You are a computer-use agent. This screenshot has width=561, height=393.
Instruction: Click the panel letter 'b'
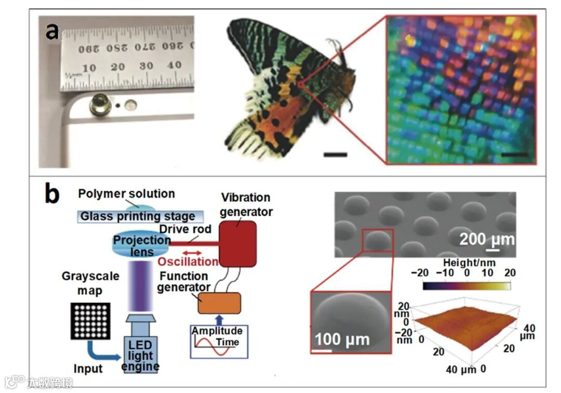[x=52, y=196]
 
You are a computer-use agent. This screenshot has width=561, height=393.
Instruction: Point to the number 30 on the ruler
[x=146, y=66]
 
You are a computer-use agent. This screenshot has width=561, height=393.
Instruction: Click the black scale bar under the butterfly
[x=335, y=154]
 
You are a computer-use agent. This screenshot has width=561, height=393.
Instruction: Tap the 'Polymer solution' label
[x=126, y=194]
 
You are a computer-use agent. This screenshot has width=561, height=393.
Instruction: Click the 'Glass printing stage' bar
[x=137, y=216]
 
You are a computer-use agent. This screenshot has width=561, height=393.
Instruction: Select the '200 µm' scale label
[x=487, y=240]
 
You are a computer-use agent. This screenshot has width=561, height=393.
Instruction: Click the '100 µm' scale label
[x=342, y=339]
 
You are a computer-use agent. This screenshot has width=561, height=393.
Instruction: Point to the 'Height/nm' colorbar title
[x=466, y=262]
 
